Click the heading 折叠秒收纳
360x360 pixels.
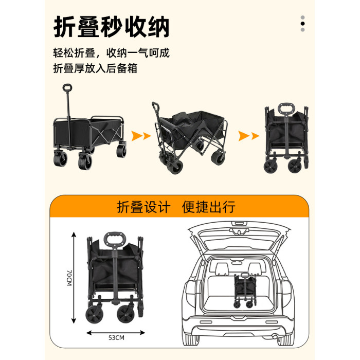[112, 27]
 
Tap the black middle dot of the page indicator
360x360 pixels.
[302, 24]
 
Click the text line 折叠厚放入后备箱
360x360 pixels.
[95, 68]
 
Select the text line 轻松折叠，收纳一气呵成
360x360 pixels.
[112, 53]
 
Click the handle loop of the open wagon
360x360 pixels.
[67, 87]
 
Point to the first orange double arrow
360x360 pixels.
[141, 136]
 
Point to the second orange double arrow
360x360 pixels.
[248, 136]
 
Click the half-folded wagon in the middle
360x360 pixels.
[190, 137]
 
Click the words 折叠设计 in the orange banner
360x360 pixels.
[143, 207]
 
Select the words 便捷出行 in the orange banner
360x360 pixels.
[209, 207]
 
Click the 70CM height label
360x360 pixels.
[69, 278]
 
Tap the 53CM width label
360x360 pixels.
[116, 338]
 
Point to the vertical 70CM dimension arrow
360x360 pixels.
[74, 278]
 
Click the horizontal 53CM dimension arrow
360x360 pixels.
[116, 332]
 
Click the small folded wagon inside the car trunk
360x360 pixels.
[245, 290]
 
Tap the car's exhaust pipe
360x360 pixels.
[274, 336]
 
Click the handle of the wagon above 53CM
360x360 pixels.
[115, 240]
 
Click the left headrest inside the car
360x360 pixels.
[221, 268]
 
